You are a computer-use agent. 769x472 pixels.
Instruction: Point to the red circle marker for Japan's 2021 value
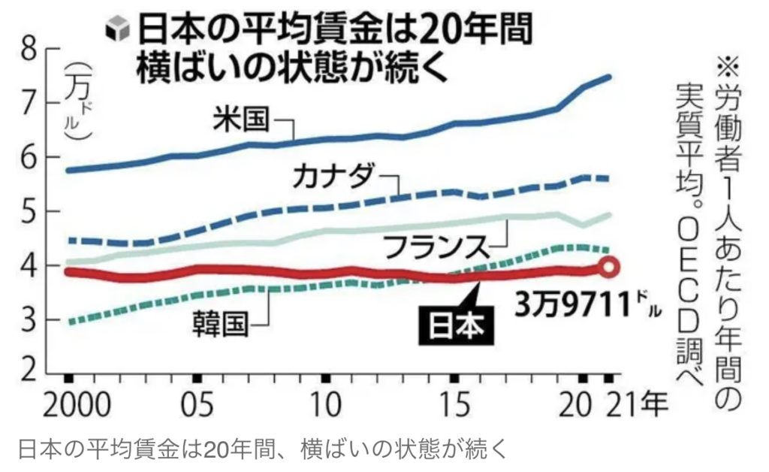(x=610, y=265)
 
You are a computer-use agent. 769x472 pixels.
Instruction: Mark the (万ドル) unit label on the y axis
(x=76, y=101)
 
